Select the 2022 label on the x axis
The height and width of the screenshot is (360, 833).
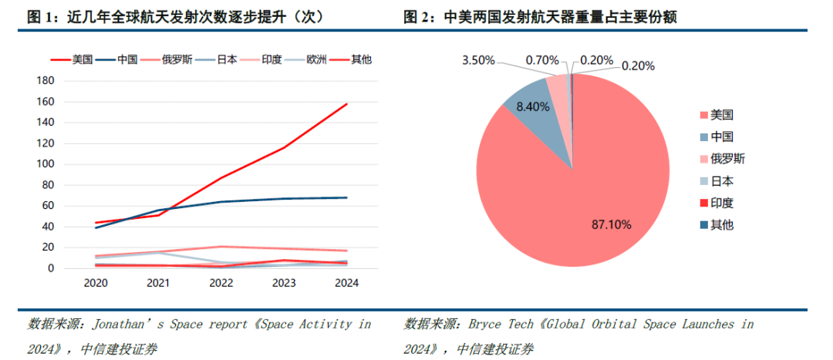(221, 283)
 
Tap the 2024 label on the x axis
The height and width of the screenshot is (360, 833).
(346, 283)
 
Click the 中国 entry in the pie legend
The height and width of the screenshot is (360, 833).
(722, 136)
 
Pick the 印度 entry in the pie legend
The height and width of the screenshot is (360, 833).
(722, 203)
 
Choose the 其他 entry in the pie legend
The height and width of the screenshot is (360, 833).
(722, 225)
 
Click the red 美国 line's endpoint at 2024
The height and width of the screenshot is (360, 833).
(346, 103)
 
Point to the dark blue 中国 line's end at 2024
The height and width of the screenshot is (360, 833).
(346, 197)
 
